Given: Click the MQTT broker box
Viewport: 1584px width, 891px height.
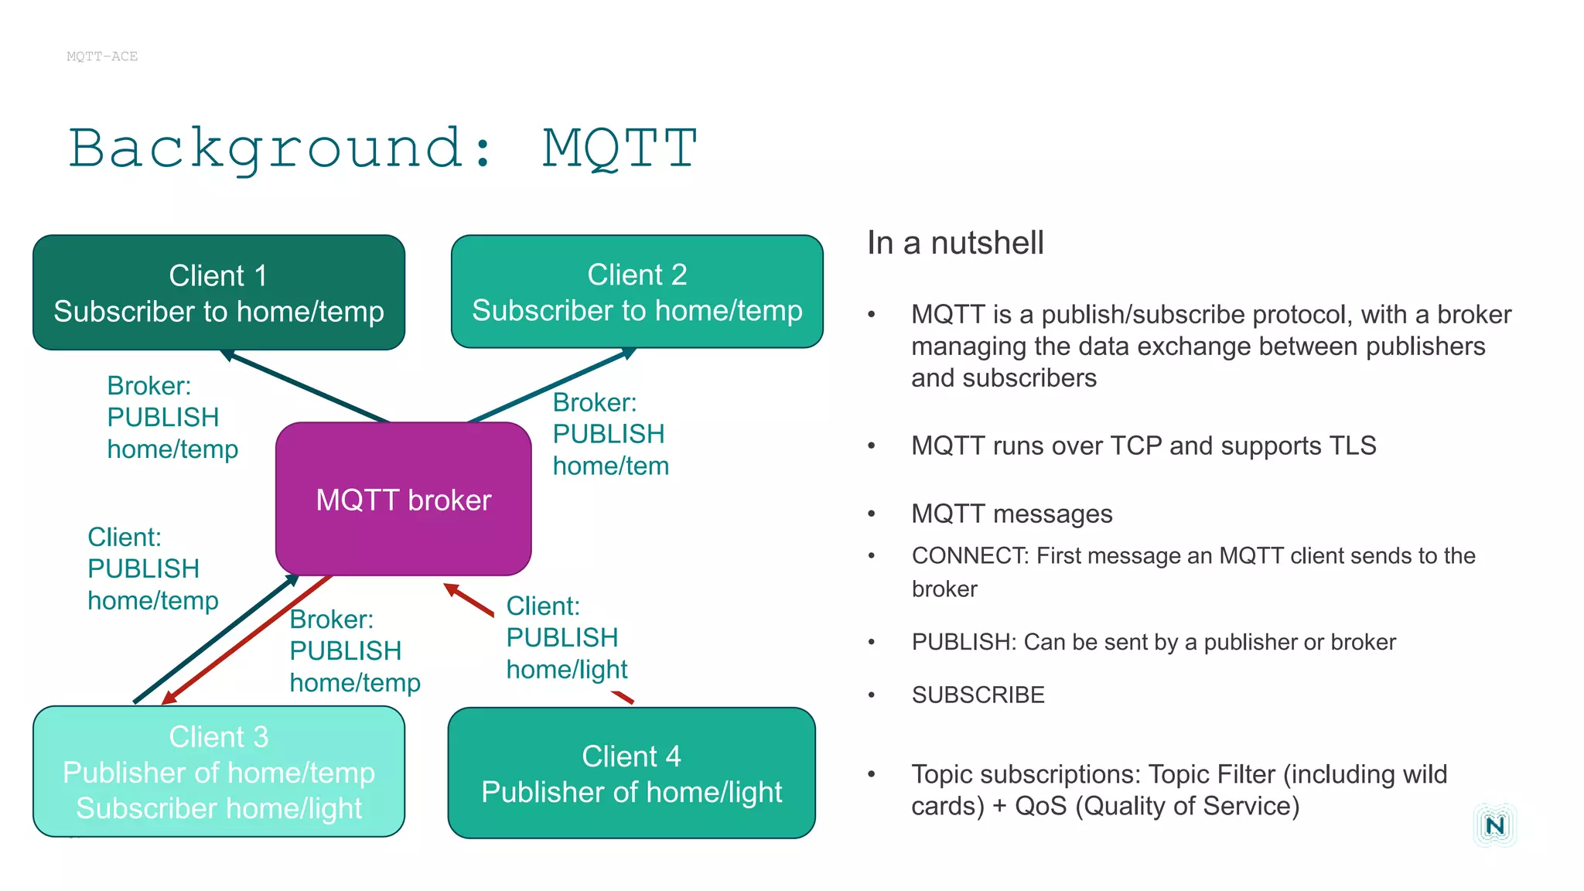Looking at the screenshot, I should tap(403, 500).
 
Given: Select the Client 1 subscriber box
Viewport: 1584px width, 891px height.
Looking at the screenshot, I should tap(218, 293).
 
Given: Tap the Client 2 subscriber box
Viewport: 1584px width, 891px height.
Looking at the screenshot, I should tap(637, 292).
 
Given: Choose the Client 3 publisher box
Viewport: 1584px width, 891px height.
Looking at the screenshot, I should tap(218, 771).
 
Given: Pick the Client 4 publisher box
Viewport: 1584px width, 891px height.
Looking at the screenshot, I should tap(631, 773).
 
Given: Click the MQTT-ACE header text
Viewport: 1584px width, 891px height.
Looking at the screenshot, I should tap(102, 56).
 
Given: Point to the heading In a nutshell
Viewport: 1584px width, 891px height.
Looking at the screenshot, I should tap(955, 243).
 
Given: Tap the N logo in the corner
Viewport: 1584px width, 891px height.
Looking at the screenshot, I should tap(1494, 825).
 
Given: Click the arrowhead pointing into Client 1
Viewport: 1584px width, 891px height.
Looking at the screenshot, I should tap(227, 355).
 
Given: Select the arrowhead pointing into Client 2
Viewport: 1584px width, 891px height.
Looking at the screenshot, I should tap(629, 353).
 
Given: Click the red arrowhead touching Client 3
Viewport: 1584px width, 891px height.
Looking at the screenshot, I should tap(169, 698).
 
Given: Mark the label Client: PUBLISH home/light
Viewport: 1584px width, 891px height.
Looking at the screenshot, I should tap(566, 637).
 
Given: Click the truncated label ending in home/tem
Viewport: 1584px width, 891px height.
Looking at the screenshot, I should tap(610, 434).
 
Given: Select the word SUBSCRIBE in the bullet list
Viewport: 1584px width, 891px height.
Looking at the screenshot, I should tap(978, 695).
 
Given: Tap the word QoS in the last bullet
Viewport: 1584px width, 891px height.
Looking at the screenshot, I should tap(1040, 806).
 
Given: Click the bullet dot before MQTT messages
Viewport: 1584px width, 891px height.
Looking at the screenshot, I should tap(872, 514).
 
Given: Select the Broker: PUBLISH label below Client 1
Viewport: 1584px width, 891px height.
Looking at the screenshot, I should tap(172, 418).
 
